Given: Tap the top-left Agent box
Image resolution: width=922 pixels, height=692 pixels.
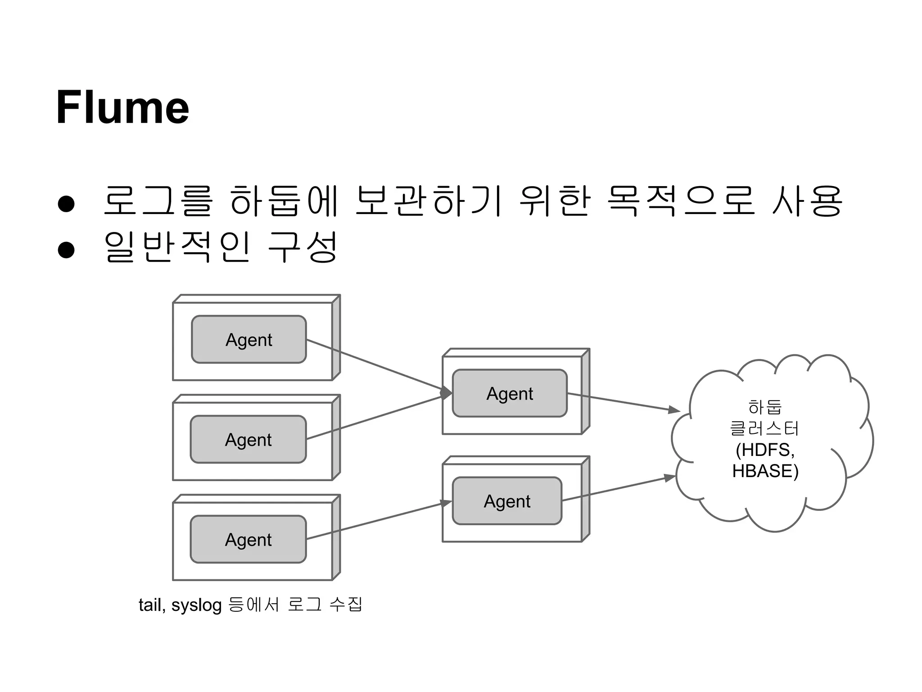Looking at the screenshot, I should (x=249, y=339).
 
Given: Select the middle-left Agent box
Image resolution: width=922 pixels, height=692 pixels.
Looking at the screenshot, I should (x=248, y=439).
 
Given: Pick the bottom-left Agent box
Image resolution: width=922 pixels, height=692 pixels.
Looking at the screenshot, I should (x=248, y=539).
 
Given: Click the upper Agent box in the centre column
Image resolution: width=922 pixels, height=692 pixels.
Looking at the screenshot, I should (x=510, y=393).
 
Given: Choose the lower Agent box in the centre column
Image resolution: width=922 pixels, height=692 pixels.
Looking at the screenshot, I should (x=507, y=501).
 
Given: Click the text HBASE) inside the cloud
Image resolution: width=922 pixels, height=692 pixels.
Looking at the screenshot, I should (x=765, y=471).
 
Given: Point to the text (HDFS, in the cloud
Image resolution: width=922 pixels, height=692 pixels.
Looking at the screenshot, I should (x=765, y=450).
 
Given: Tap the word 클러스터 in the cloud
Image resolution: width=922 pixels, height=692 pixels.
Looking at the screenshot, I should (x=764, y=428).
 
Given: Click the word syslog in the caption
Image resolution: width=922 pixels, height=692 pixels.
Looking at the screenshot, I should (x=196, y=605).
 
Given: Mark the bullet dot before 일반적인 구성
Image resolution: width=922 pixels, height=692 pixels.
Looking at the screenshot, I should (x=66, y=249).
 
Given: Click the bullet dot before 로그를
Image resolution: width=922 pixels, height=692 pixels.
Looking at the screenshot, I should (x=66, y=203).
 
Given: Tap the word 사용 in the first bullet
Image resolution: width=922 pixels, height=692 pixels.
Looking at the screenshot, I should (x=807, y=201).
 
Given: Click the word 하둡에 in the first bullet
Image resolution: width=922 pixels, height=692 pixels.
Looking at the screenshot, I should (x=284, y=201).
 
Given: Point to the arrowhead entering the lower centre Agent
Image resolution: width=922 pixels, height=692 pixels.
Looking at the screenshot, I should (x=446, y=503).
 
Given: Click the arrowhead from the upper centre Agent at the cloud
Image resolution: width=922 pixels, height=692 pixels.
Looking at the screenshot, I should (x=674, y=410).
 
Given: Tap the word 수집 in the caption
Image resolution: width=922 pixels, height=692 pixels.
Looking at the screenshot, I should (x=346, y=604).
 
